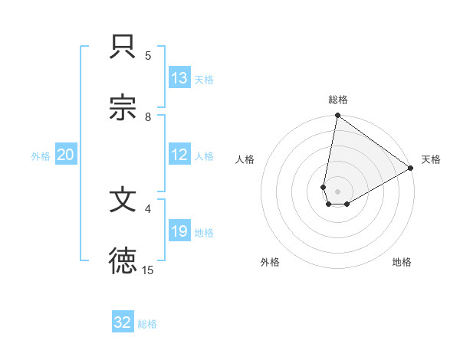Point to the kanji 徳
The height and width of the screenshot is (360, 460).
point(123,260)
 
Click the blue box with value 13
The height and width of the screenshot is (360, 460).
point(179,78)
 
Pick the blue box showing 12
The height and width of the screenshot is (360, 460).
point(179,155)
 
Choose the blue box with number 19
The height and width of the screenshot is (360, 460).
point(179,232)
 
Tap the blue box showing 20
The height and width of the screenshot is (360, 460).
point(65,155)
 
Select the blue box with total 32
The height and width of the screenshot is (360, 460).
point(123,322)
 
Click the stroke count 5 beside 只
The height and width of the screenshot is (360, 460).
point(148,55)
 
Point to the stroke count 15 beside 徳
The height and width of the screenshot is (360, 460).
point(148,270)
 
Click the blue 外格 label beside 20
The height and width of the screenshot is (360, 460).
point(41,156)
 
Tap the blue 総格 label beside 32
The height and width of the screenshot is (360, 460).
point(147,324)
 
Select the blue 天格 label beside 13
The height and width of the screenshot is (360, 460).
point(204,79)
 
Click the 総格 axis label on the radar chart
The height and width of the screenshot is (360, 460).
point(338,100)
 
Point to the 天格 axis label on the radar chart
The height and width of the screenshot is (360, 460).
point(431,159)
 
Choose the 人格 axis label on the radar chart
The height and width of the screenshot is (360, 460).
point(245,159)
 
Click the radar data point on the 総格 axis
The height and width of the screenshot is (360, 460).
point(337,116)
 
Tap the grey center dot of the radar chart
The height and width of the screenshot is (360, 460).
point(338,191)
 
